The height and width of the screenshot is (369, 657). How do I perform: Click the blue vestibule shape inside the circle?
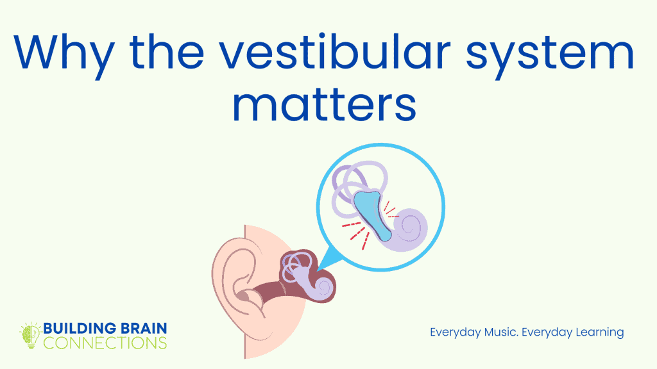[x=371, y=208]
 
